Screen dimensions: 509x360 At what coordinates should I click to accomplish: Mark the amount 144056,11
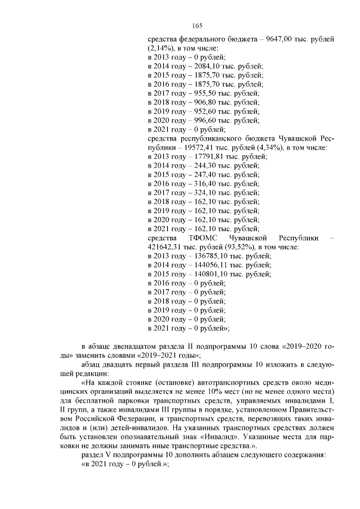pyautogui.click(x=205, y=264)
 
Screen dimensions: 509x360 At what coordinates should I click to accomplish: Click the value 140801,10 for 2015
pyautogui.click(x=205, y=273)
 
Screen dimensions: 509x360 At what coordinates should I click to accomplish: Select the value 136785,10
pyautogui.click(x=205, y=255)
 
